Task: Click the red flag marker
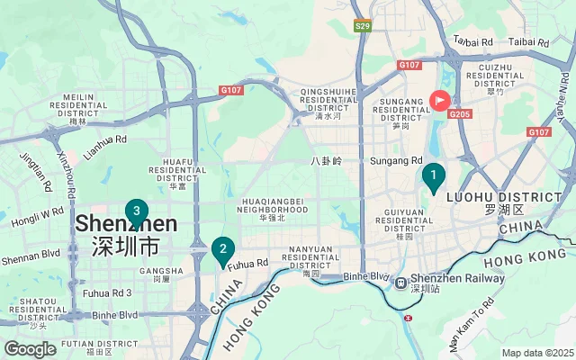440,101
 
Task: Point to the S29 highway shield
362,26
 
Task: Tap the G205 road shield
460,114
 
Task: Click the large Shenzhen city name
125,223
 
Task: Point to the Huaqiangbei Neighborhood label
272,209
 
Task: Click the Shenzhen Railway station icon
400,283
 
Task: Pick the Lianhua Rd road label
105,147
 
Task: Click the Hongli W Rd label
37,217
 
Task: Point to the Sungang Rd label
396,161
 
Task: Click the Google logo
31,349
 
